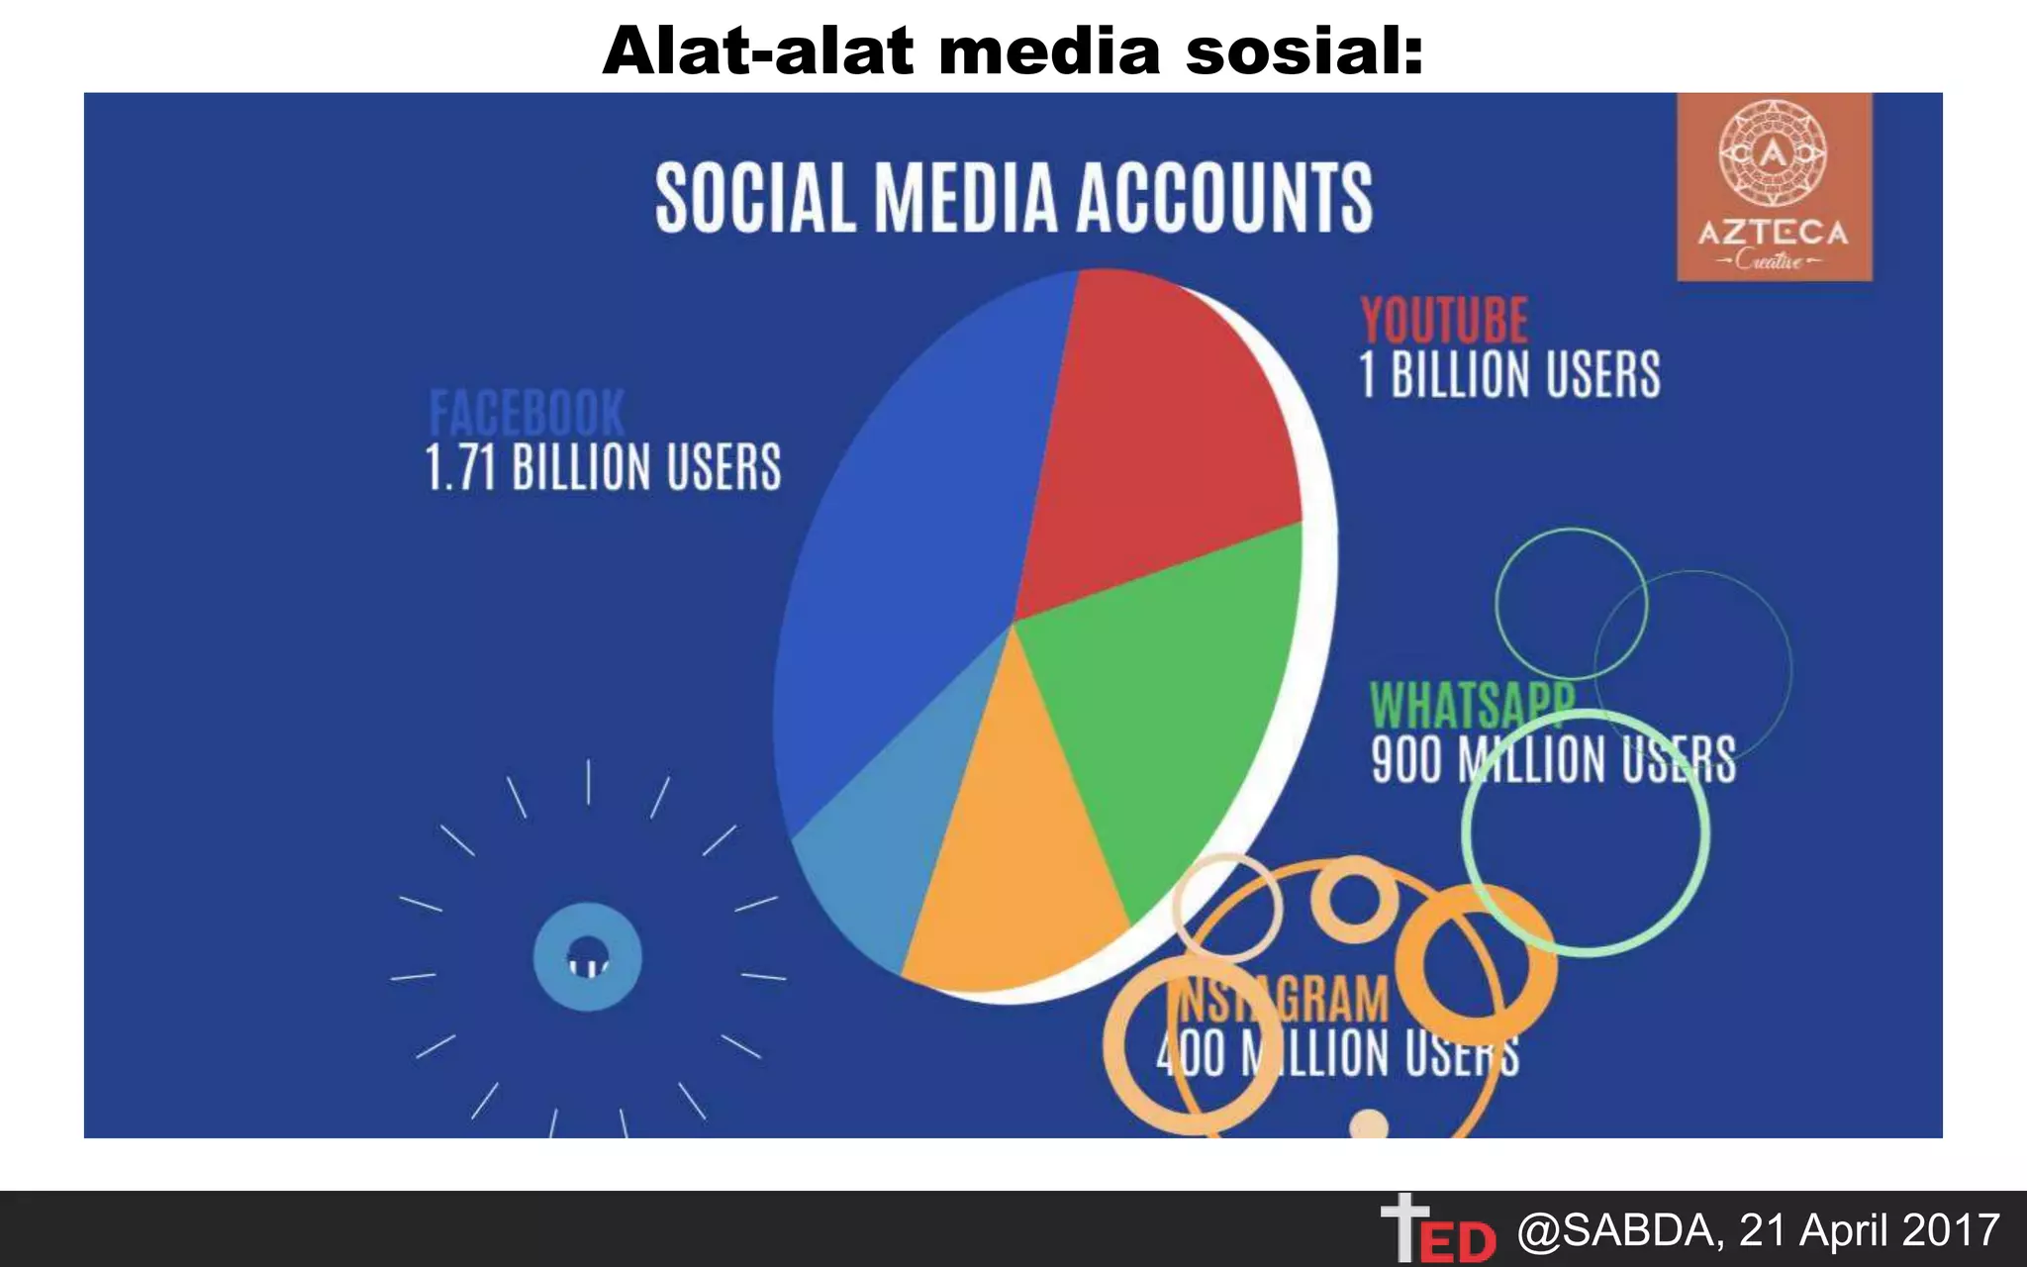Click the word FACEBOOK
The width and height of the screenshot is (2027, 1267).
click(527, 413)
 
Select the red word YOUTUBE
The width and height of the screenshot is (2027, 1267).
click(1444, 321)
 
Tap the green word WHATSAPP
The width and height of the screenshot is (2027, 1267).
click(1471, 705)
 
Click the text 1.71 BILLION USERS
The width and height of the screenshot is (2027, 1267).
click(603, 467)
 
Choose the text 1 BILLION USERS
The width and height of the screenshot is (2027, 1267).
click(1509, 374)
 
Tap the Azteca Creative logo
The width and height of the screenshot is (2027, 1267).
click(1774, 187)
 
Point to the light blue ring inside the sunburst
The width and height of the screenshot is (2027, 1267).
click(588, 956)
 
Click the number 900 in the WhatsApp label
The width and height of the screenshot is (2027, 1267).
click(1405, 760)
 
